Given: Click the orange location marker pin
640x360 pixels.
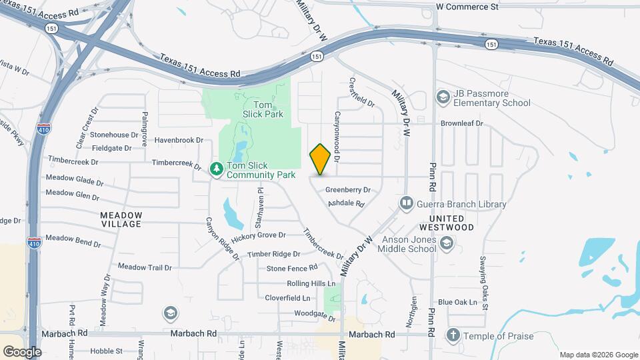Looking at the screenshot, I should [x=320, y=159].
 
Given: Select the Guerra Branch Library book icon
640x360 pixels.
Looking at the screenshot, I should [x=406, y=202].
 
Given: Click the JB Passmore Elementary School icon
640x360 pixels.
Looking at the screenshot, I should [x=442, y=97].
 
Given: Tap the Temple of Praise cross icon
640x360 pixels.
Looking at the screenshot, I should [x=453, y=335].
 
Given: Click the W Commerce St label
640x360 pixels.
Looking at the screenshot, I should [x=467, y=7].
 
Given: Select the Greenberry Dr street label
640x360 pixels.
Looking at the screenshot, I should [x=347, y=190].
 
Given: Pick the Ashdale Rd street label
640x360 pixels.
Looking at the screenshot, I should [x=345, y=203].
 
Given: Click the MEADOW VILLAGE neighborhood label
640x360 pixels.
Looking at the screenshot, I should [x=121, y=219].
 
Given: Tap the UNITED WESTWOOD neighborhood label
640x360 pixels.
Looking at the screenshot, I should [x=451, y=223].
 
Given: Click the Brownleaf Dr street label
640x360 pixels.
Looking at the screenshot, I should [x=461, y=123].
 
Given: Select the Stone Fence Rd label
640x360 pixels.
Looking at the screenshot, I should [x=292, y=268].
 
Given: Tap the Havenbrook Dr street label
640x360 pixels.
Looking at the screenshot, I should [x=178, y=140].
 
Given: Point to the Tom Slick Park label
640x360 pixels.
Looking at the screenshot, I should [x=268, y=109].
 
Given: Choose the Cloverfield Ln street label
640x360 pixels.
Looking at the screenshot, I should [x=289, y=298].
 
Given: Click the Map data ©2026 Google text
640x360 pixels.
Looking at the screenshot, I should [x=598, y=355].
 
